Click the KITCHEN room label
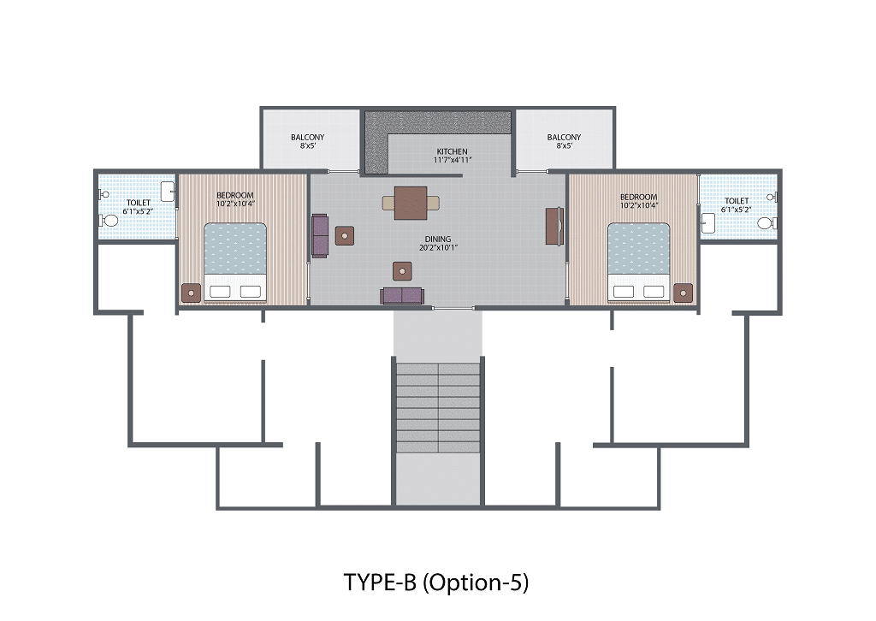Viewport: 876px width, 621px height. pyautogui.click(x=452, y=151)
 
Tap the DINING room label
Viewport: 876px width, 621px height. pyautogui.click(x=437, y=239)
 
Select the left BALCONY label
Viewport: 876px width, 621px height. pyautogui.click(x=307, y=137)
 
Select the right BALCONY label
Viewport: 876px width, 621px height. pyautogui.click(x=564, y=137)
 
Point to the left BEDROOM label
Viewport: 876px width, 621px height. pyautogui.click(x=234, y=196)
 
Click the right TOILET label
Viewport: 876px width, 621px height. pyautogui.click(x=737, y=200)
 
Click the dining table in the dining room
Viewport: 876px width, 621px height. pyautogui.click(x=411, y=204)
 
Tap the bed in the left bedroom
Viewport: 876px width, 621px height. pyautogui.click(x=235, y=263)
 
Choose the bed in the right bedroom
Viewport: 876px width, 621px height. pyautogui.click(x=638, y=263)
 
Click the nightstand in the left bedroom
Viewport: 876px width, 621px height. pyautogui.click(x=191, y=293)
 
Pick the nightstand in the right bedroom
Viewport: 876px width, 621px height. pyautogui.click(x=683, y=293)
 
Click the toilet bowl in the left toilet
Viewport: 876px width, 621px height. pyautogui.click(x=109, y=222)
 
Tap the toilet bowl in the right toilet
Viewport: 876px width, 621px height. pyautogui.click(x=766, y=223)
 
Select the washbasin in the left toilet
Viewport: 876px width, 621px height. pyautogui.click(x=169, y=192)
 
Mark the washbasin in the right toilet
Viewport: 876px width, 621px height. pyautogui.click(x=707, y=223)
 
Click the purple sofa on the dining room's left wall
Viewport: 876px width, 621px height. pyautogui.click(x=320, y=236)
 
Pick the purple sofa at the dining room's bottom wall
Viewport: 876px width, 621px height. pyautogui.click(x=402, y=296)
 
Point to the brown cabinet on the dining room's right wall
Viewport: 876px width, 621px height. pyautogui.click(x=554, y=226)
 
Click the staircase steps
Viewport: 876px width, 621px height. pyautogui.click(x=438, y=408)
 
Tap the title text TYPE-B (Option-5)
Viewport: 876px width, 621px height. pyautogui.click(x=435, y=583)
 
